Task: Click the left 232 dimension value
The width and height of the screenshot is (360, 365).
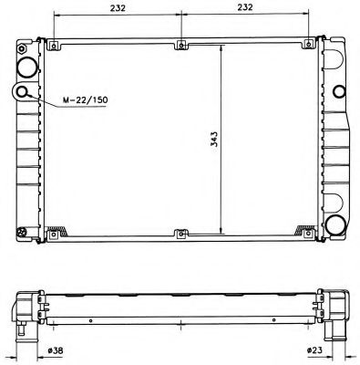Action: click(x=118, y=7)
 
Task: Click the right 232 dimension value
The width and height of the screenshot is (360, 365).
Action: click(x=245, y=7)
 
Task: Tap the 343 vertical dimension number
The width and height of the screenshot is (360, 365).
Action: click(x=214, y=140)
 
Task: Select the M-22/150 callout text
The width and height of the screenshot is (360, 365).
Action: click(x=85, y=99)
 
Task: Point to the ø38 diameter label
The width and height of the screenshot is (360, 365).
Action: click(x=56, y=350)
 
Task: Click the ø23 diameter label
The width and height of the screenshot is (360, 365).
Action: click(x=314, y=350)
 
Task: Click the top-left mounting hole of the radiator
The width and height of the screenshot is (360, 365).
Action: click(x=54, y=46)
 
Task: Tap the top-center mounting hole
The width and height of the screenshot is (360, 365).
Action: click(x=181, y=46)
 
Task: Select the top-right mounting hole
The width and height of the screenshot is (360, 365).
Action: click(x=308, y=45)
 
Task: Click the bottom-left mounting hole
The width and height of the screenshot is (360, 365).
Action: click(x=54, y=235)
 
